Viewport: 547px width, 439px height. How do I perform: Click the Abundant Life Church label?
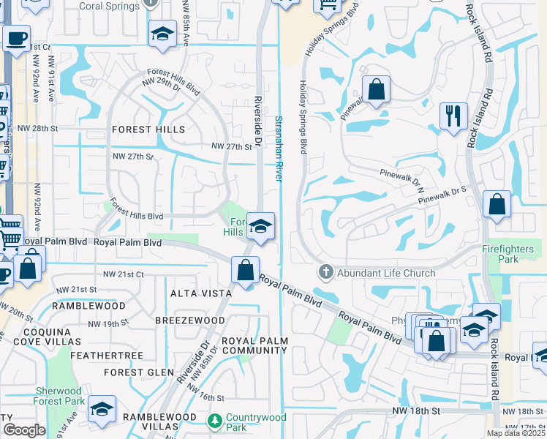[385, 273]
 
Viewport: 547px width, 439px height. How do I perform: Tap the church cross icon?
[326, 273]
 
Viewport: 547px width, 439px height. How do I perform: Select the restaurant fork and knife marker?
[453, 116]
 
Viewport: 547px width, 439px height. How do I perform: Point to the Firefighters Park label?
[510, 254]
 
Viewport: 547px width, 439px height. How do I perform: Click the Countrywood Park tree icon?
[215, 421]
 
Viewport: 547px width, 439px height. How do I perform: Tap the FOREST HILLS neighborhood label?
[148, 130]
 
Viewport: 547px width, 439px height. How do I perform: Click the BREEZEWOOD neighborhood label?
[190, 320]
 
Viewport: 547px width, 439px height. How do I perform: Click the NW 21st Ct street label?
[124, 274]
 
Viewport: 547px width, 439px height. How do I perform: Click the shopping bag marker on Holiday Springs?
[376, 90]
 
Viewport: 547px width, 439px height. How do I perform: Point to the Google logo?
[24, 430]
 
